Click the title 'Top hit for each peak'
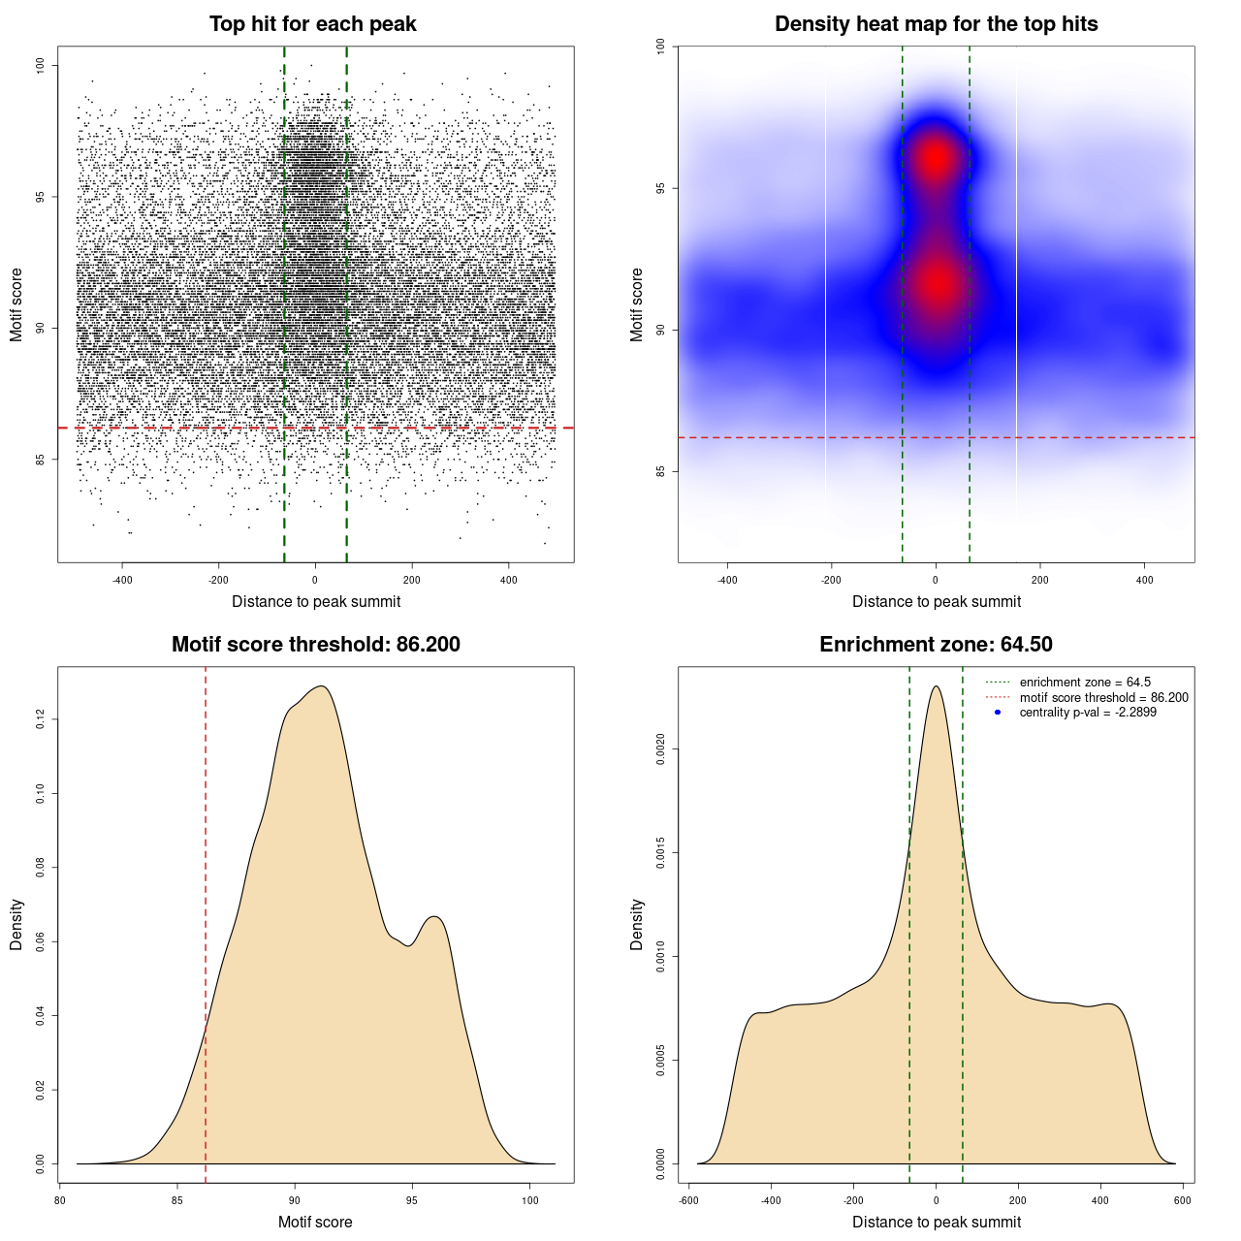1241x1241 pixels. tap(313, 24)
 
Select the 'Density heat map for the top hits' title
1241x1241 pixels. tap(936, 24)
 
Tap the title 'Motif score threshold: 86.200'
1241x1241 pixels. tap(315, 645)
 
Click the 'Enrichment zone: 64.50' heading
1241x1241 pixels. tap(936, 645)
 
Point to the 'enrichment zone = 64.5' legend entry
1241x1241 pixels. tap(1085, 683)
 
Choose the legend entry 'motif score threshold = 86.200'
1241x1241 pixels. tap(1103, 697)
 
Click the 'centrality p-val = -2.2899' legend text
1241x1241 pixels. tap(1088, 713)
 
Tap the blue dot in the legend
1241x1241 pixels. tap(998, 713)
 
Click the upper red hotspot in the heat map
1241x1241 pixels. tap(935, 157)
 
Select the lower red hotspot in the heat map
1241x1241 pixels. tap(938, 284)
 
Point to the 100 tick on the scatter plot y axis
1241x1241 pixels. tap(41, 65)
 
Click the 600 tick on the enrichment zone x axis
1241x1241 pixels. tap(1182, 1200)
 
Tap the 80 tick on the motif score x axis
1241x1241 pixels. tap(60, 1200)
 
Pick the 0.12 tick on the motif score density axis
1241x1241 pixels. tap(41, 719)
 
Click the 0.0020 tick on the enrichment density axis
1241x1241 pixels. tap(661, 748)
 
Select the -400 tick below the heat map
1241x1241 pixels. tap(727, 580)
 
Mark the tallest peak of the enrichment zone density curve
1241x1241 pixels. tap(936, 686)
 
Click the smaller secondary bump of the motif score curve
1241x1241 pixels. tap(434, 916)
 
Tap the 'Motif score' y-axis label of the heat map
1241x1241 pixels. tap(637, 304)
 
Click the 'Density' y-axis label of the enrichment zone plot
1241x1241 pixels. tap(637, 924)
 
